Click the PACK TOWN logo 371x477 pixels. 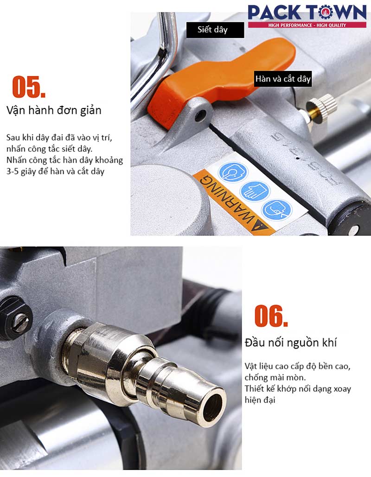(x=307, y=16)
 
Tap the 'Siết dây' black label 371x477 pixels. (x=215, y=30)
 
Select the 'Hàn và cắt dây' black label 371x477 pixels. (x=283, y=79)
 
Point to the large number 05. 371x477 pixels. (x=29, y=87)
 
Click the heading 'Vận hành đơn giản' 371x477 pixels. (x=54, y=110)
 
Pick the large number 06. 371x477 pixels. (x=271, y=316)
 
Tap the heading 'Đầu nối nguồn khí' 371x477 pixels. (x=291, y=343)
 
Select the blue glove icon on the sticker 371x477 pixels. (x=255, y=191)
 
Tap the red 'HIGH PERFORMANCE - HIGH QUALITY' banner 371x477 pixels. (x=307, y=25)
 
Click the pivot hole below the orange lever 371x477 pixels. (x=200, y=115)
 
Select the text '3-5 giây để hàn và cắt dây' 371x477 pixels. (x=55, y=172)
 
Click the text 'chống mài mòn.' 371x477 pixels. (x=275, y=377)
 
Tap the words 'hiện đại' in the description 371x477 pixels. (x=260, y=400)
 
